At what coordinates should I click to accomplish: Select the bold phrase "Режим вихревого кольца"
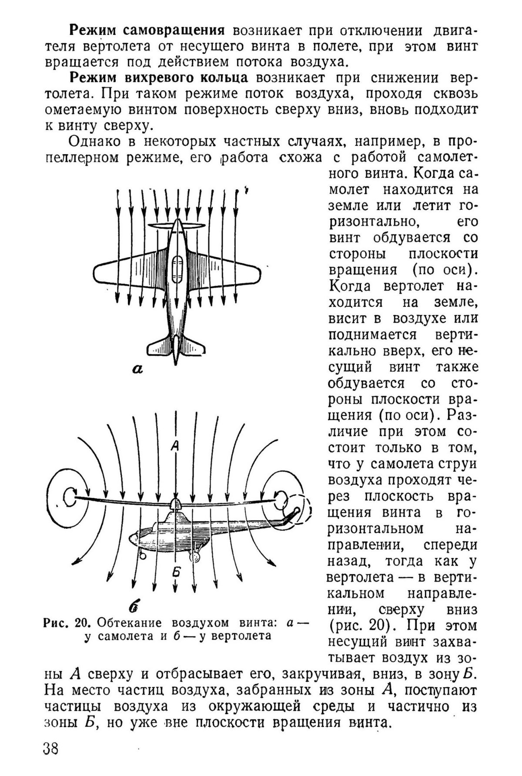pyautogui.click(x=159, y=78)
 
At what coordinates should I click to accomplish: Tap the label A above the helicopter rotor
pyautogui.click(x=175, y=445)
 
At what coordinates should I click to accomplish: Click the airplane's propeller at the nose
pyautogui.click(x=177, y=226)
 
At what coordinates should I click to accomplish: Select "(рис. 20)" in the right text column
pyautogui.click(x=362, y=626)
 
